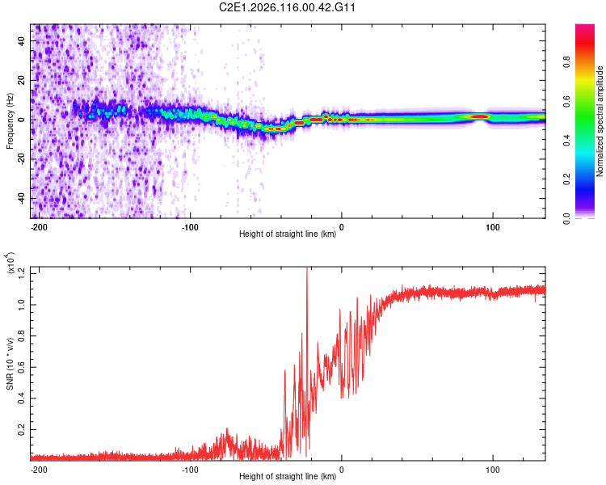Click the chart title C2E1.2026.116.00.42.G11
click(288, 7)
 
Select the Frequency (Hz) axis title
click(10, 121)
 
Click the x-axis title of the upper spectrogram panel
click(288, 235)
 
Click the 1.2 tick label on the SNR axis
click(22, 273)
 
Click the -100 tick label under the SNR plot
click(190, 469)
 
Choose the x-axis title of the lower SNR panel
click(288, 477)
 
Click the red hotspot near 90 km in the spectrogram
click(480, 116)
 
